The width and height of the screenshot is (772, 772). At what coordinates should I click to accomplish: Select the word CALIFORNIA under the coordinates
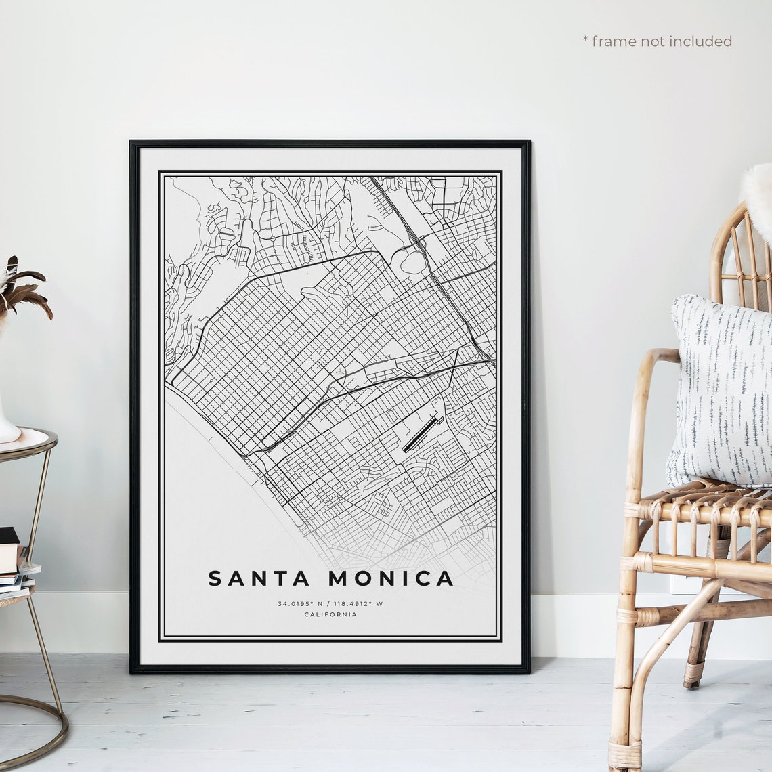click(x=330, y=614)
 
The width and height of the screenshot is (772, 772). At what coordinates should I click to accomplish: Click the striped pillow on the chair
click(x=721, y=393)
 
